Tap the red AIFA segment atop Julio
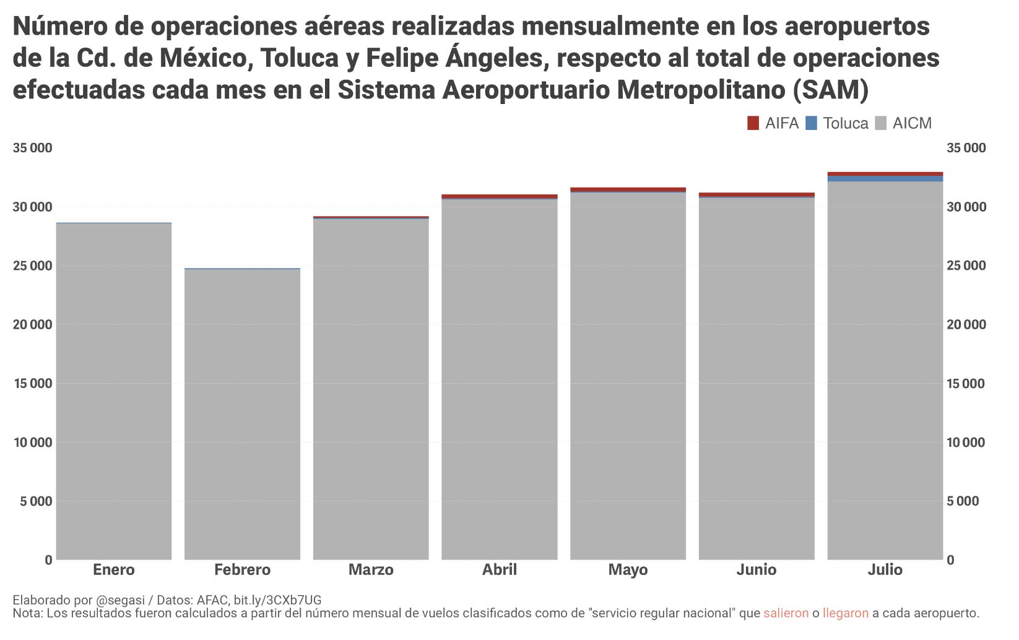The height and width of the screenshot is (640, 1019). pyautogui.click(x=885, y=174)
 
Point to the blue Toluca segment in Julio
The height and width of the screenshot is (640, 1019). pyautogui.click(x=885, y=179)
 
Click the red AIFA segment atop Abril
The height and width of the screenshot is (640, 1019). pyautogui.click(x=500, y=196)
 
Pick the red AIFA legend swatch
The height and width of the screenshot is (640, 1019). pyautogui.click(x=753, y=123)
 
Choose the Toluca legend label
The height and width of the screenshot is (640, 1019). pyautogui.click(x=846, y=123)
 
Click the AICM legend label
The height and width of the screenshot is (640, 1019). pyautogui.click(x=912, y=123)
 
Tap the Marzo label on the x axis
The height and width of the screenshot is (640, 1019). pyautogui.click(x=371, y=569)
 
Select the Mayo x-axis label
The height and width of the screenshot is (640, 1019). pyautogui.click(x=628, y=569)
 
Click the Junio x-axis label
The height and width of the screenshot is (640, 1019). pyautogui.click(x=757, y=569)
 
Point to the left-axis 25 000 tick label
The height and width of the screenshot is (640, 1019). pyautogui.click(x=32, y=266)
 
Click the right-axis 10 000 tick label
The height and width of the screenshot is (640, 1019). pyautogui.click(x=966, y=443)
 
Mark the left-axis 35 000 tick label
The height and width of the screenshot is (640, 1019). pyautogui.click(x=32, y=148)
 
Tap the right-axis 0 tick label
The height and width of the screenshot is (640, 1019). pyautogui.click(x=951, y=560)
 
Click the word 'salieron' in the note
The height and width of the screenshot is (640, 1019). pyautogui.click(x=786, y=613)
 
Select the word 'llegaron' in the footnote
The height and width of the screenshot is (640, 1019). pyautogui.click(x=846, y=613)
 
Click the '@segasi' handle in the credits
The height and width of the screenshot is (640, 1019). pyautogui.click(x=120, y=600)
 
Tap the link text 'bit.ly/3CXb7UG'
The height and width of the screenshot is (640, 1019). pyautogui.click(x=277, y=600)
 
